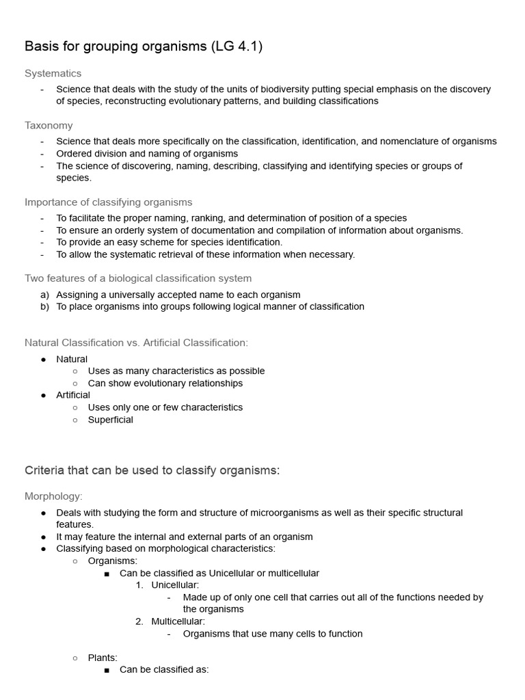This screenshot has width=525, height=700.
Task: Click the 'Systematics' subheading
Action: tap(53, 73)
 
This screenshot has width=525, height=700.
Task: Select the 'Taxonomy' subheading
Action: tap(49, 125)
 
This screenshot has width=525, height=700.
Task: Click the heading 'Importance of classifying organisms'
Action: tap(108, 202)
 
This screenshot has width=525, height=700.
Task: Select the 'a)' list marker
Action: tap(44, 295)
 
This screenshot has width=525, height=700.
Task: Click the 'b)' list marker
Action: tap(44, 306)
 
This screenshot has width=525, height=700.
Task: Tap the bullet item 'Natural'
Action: tap(72, 359)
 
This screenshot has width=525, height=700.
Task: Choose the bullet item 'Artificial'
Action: tap(73, 395)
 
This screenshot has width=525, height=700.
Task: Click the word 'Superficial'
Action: tap(110, 420)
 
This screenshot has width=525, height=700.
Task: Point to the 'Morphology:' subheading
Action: tap(53, 496)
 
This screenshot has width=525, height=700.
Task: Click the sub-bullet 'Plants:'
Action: tap(103, 658)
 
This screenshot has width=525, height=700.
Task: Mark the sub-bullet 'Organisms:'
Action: tap(113, 561)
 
